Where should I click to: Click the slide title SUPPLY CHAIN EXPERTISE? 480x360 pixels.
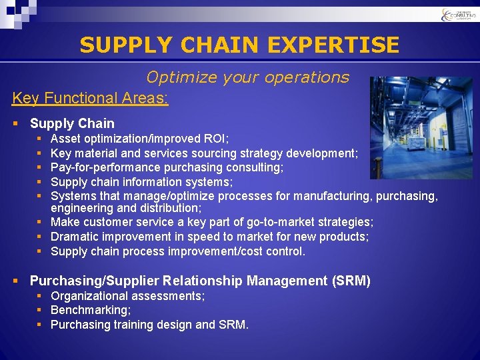coord(239,45)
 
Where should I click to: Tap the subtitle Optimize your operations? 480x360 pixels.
coord(247,77)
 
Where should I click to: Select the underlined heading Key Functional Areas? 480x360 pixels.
coord(90,99)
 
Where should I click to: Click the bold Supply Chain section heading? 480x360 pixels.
coord(72,123)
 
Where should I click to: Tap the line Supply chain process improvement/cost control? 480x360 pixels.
coord(178,251)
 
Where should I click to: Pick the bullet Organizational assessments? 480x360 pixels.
coord(127,295)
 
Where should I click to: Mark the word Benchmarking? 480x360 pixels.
coord(91,310)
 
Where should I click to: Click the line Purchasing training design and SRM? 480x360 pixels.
coord(149,325)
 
